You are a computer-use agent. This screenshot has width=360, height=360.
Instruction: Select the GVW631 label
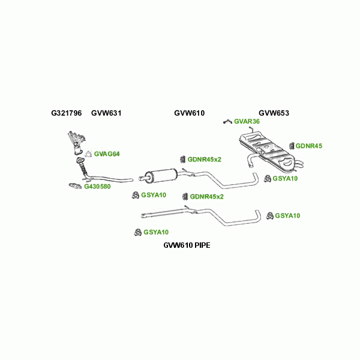point(106,113)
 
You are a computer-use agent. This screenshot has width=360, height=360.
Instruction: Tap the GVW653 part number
point(274,113)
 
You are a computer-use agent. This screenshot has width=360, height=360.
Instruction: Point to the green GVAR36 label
point(247,121)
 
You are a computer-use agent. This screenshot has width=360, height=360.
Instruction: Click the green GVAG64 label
point(107,154)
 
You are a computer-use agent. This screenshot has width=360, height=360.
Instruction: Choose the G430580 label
point(97,187)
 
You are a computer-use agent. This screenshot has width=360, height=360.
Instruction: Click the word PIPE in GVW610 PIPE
point(199,245)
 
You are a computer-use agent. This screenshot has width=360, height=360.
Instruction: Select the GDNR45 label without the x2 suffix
point(309,146)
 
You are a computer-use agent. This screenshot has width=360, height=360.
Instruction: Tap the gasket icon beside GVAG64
point(88,154)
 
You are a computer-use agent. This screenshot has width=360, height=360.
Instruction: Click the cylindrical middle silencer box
point(161,176)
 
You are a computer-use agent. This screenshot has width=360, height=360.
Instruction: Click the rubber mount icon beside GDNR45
point(292,146)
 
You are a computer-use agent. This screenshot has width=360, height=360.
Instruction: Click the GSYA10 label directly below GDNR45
point(285,178)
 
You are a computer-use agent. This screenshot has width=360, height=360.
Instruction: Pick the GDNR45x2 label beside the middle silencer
point(204,160)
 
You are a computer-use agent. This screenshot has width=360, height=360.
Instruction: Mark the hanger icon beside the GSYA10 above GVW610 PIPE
point(137,232)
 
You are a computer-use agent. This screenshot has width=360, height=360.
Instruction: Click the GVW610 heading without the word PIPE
point(190,113)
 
